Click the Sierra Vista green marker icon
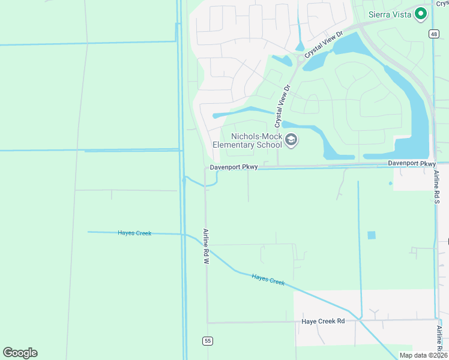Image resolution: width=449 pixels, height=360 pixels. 421,13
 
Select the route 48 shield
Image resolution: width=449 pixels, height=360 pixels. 433,34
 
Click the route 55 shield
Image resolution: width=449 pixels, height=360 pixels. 208,341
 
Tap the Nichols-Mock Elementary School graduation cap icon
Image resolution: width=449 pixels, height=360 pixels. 291,140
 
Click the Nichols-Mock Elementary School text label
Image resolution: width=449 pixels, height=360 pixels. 248,140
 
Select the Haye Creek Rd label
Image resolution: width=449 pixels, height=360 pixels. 323,321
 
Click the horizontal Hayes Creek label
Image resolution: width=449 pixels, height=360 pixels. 134,233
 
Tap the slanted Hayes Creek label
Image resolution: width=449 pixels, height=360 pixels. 268,279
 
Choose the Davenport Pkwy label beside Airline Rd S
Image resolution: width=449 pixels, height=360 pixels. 412,163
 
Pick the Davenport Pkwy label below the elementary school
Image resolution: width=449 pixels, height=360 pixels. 234,168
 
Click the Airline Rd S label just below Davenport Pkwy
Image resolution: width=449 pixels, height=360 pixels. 437,188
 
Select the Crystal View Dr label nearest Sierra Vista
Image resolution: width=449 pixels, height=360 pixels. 324,45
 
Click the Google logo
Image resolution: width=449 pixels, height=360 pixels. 20,352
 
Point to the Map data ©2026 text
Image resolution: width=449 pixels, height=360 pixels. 423,355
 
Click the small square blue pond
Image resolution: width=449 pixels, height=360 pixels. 371,235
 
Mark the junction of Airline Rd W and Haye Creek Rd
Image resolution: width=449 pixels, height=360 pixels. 207,322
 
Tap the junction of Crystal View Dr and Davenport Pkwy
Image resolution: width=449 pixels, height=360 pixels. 277,166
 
